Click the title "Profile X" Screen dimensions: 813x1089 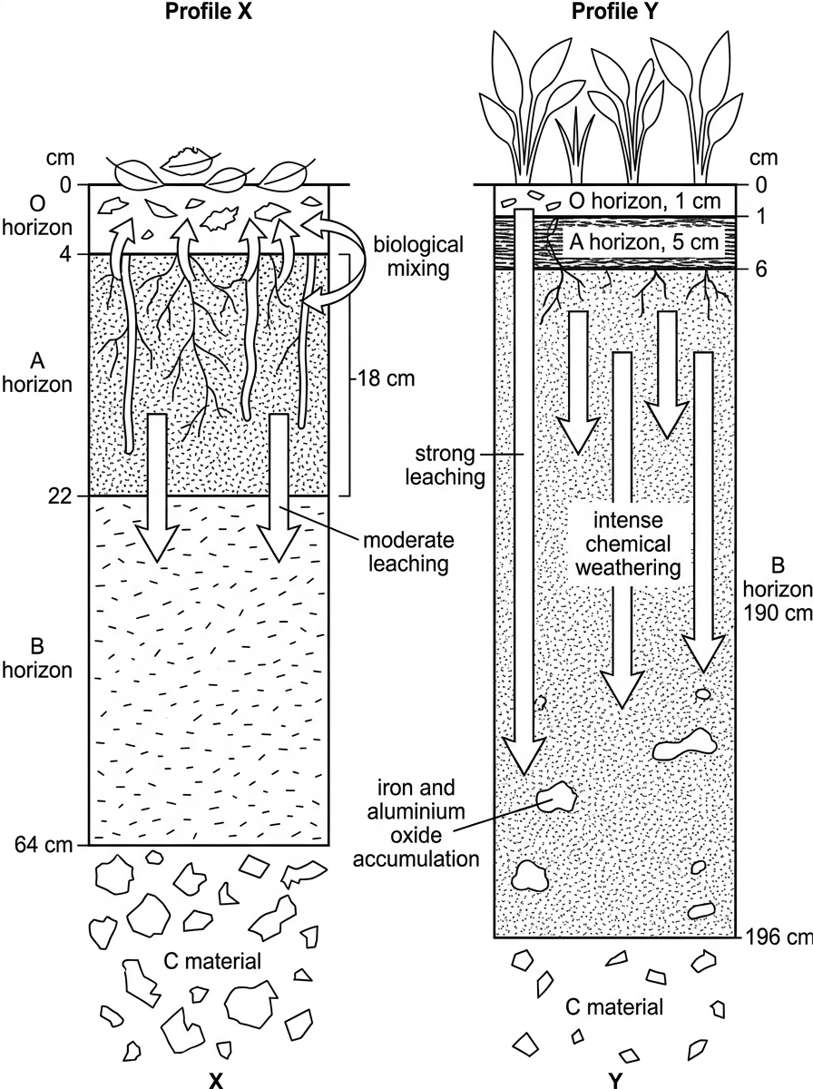[x=209, y=12]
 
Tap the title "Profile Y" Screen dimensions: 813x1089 [x=614, y=12]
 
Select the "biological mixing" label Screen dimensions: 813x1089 [x=418, y=257]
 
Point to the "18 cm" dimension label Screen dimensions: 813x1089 [x=386, y=378]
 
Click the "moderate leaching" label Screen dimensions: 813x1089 [x=408, y=552]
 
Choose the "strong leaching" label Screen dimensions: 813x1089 [x=445, y=465]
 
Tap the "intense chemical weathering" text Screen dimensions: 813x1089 [x=628, y=544]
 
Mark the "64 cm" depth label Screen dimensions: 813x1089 [x=44, y=844]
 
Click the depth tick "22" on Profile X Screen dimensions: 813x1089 [x=60, y=496]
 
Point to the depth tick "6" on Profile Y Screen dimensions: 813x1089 [x=761, y=270]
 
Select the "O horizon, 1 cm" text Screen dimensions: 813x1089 [x=644, y=201]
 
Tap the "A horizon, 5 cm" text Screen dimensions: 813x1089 [x=644, y=242]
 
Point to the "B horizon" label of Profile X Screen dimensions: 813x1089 [x=37, y=658]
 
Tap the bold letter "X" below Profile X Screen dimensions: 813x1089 [x=216, y=1081]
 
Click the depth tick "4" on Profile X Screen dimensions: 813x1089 [x=65, y=254]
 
